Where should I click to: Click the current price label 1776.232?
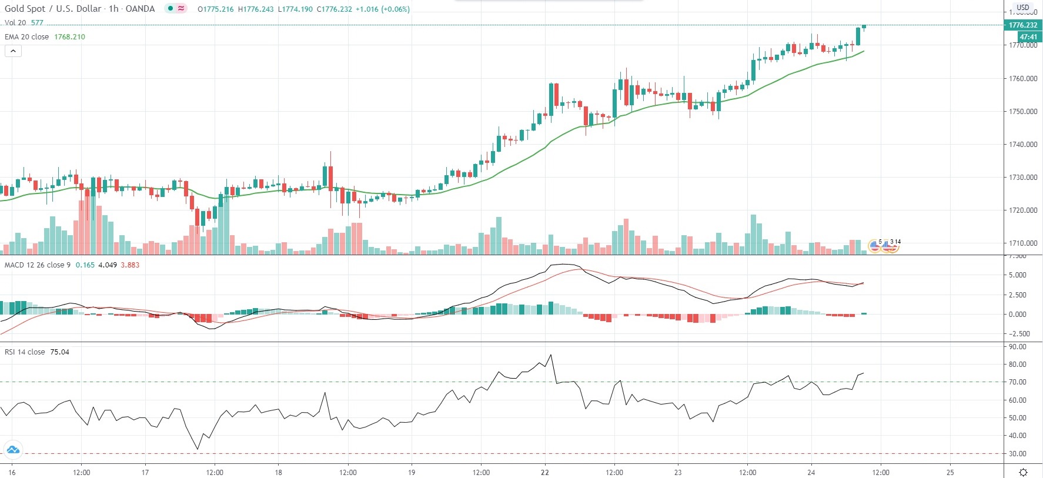point(1022,25)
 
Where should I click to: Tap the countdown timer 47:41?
point(1028,36)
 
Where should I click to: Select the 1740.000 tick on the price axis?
point(1023,144)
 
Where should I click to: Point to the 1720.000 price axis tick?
point(1023,210)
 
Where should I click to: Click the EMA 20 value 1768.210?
point(69,37)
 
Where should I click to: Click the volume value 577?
point(37,23)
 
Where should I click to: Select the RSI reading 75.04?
point(59,352)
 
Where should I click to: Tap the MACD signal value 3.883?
point(130,265)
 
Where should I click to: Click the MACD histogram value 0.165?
point(85,265)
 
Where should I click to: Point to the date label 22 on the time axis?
point(545,472)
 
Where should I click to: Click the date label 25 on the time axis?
point(950,472)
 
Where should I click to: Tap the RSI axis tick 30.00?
point(1018,454)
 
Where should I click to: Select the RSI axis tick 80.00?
point(1018,365)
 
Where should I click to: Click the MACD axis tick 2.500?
point(1018,295)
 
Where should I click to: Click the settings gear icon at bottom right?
point(1023,472)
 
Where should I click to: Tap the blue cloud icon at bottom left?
point(12,450)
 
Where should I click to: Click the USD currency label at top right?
point(1023,8)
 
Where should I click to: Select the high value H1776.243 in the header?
point(256,9)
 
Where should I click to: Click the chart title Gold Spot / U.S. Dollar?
point(53,9)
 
